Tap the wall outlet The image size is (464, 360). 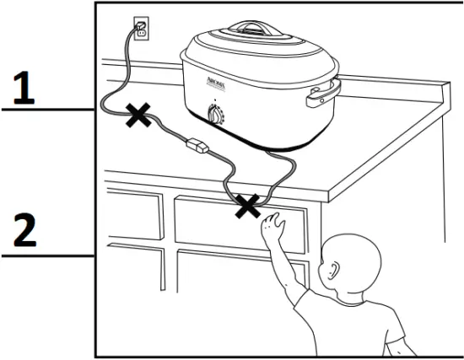coord(141,30)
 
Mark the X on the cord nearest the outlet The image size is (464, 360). coord(135,116)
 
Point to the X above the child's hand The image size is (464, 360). coord(247,205)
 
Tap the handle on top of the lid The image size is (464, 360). coord(253,28)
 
